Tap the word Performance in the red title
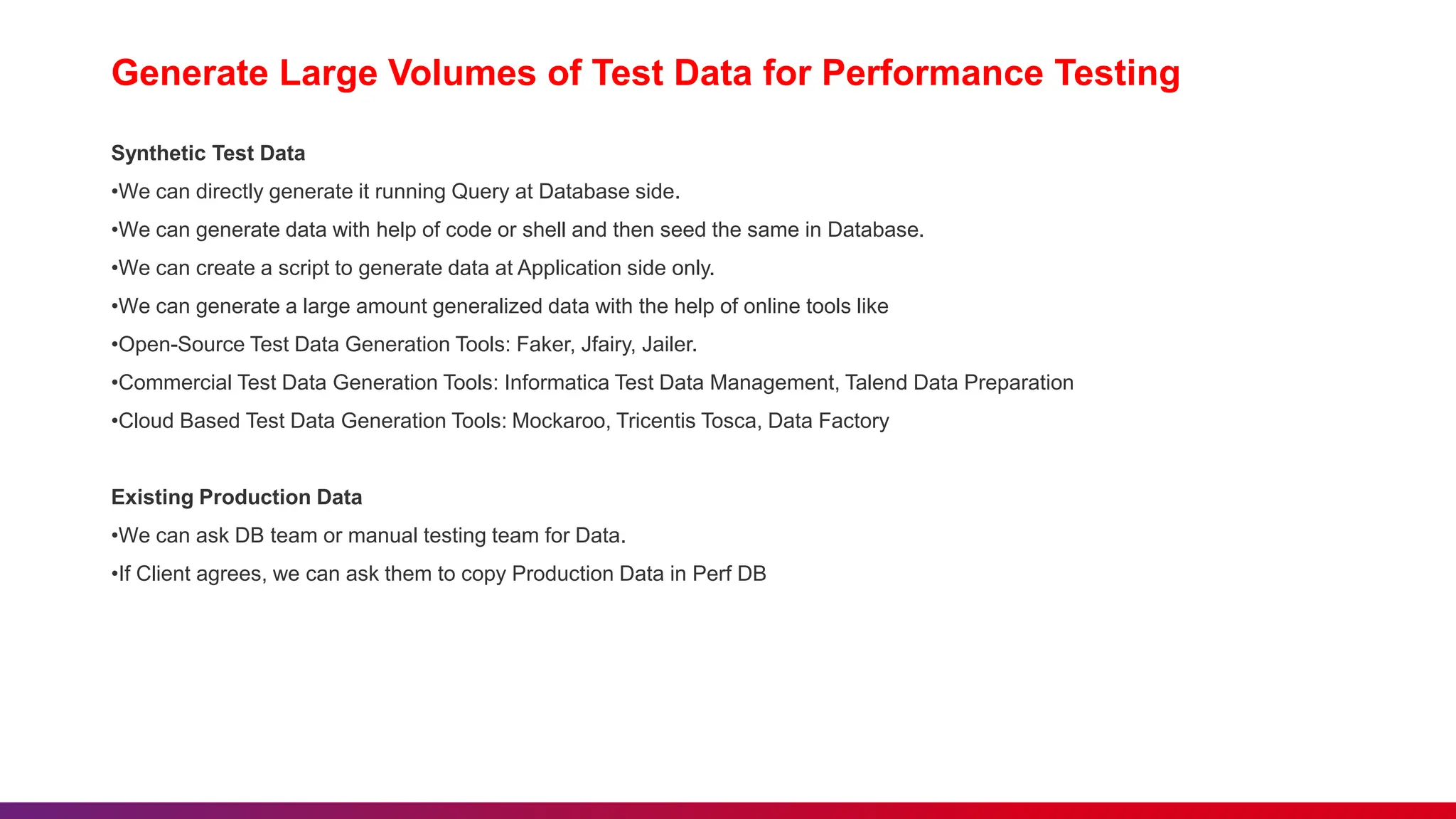[x=932, y=73]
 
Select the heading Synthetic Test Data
[x=208, y=154]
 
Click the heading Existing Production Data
[x=237, y=498]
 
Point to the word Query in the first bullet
[x=479, y=192]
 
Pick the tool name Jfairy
[x=606, y=345]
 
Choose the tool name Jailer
[x=668, y=345]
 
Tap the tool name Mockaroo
[x=560, y=422]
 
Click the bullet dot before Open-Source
[x=114, y=346]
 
